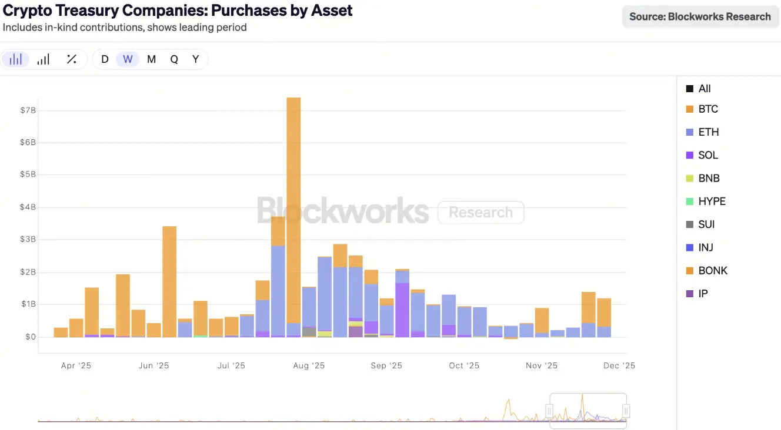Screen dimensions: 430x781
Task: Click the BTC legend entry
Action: [x=708, y=109]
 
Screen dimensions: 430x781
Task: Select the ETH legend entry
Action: [x=708, y=132]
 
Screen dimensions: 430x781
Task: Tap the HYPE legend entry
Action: [x=712, y=201]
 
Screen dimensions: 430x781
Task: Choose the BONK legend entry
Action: [x=712, y=271]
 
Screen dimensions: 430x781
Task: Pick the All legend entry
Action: [x=704, y=89]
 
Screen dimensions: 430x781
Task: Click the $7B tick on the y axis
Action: [x=28, y=110]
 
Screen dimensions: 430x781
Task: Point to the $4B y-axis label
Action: [x=28, y=207]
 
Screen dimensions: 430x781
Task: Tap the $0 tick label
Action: [x=31, y=337]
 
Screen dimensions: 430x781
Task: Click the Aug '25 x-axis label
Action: [x=309, y=365]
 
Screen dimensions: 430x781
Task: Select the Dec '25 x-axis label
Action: [x=619, y=365]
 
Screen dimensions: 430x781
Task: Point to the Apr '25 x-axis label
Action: [x=76, y=365]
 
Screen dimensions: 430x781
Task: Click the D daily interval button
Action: [x=105, y=59]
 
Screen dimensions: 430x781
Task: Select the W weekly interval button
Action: [x=128, y=59]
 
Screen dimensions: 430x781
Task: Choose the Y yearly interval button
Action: [x=196, y=59]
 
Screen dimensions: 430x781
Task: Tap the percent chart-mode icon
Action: [x=72, y=59]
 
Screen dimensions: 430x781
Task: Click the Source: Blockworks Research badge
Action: [x=700, y=16]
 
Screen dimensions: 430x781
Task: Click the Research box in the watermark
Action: [x=480, y=213]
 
